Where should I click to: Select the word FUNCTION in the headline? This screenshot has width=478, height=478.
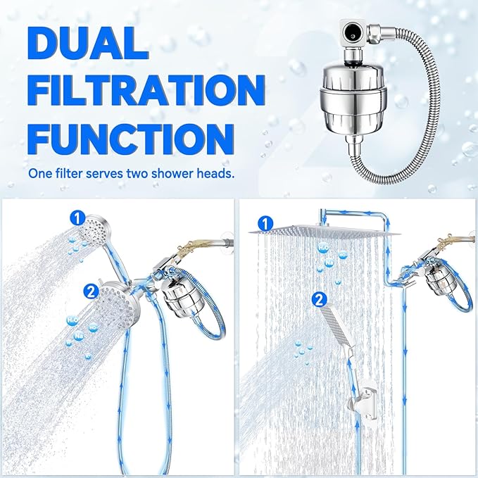click(130, 136)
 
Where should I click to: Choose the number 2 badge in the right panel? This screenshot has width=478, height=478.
click(320, 299)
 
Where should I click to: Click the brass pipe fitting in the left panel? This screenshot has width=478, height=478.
click(188, 249)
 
